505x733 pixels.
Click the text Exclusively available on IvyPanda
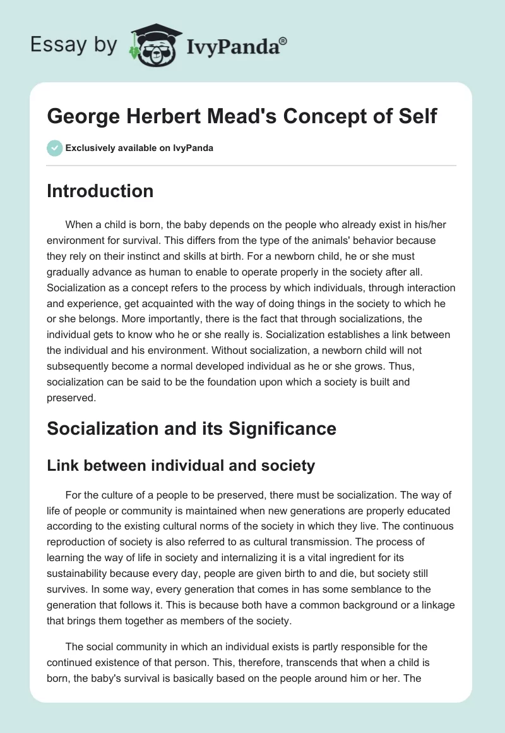[x=140, y=148]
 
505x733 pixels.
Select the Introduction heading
[x=100, y=191]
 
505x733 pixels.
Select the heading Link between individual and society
[x=181, y=466]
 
